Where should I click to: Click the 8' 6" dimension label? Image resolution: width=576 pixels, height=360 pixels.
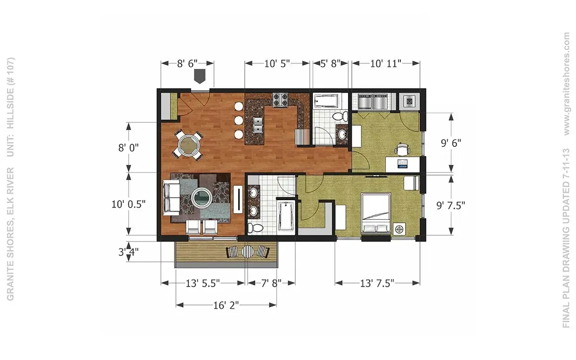(187, 63)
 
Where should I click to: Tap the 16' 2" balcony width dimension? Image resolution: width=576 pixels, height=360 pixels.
(226, 305)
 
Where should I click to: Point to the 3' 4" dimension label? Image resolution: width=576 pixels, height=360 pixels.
(128, 252)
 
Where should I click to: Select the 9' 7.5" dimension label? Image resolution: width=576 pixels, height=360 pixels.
(451, 205)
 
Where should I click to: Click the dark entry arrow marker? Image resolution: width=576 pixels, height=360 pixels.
(200, 76)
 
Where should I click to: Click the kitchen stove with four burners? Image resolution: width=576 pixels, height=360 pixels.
(280, 100)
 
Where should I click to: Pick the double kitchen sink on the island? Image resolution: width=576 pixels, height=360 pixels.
(257, 125)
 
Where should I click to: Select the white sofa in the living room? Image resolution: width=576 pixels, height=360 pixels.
(171, 197)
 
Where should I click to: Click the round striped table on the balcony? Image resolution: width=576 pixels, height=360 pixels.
(248, 252)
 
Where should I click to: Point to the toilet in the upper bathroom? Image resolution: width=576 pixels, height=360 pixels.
(340, 117)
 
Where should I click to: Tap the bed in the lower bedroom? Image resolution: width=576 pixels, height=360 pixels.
(376, 213)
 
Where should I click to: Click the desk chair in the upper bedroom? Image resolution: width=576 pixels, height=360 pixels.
(402, 149)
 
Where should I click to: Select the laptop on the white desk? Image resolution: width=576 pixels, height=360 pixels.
(402, 164)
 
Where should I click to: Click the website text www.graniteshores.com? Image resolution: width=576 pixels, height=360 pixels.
(566, 84)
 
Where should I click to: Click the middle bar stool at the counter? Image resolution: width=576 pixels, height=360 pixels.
(239, 120)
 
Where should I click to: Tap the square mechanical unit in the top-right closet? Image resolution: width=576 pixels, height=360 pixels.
(409, 101)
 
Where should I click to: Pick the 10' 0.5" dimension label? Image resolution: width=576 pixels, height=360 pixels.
(128, 204)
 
